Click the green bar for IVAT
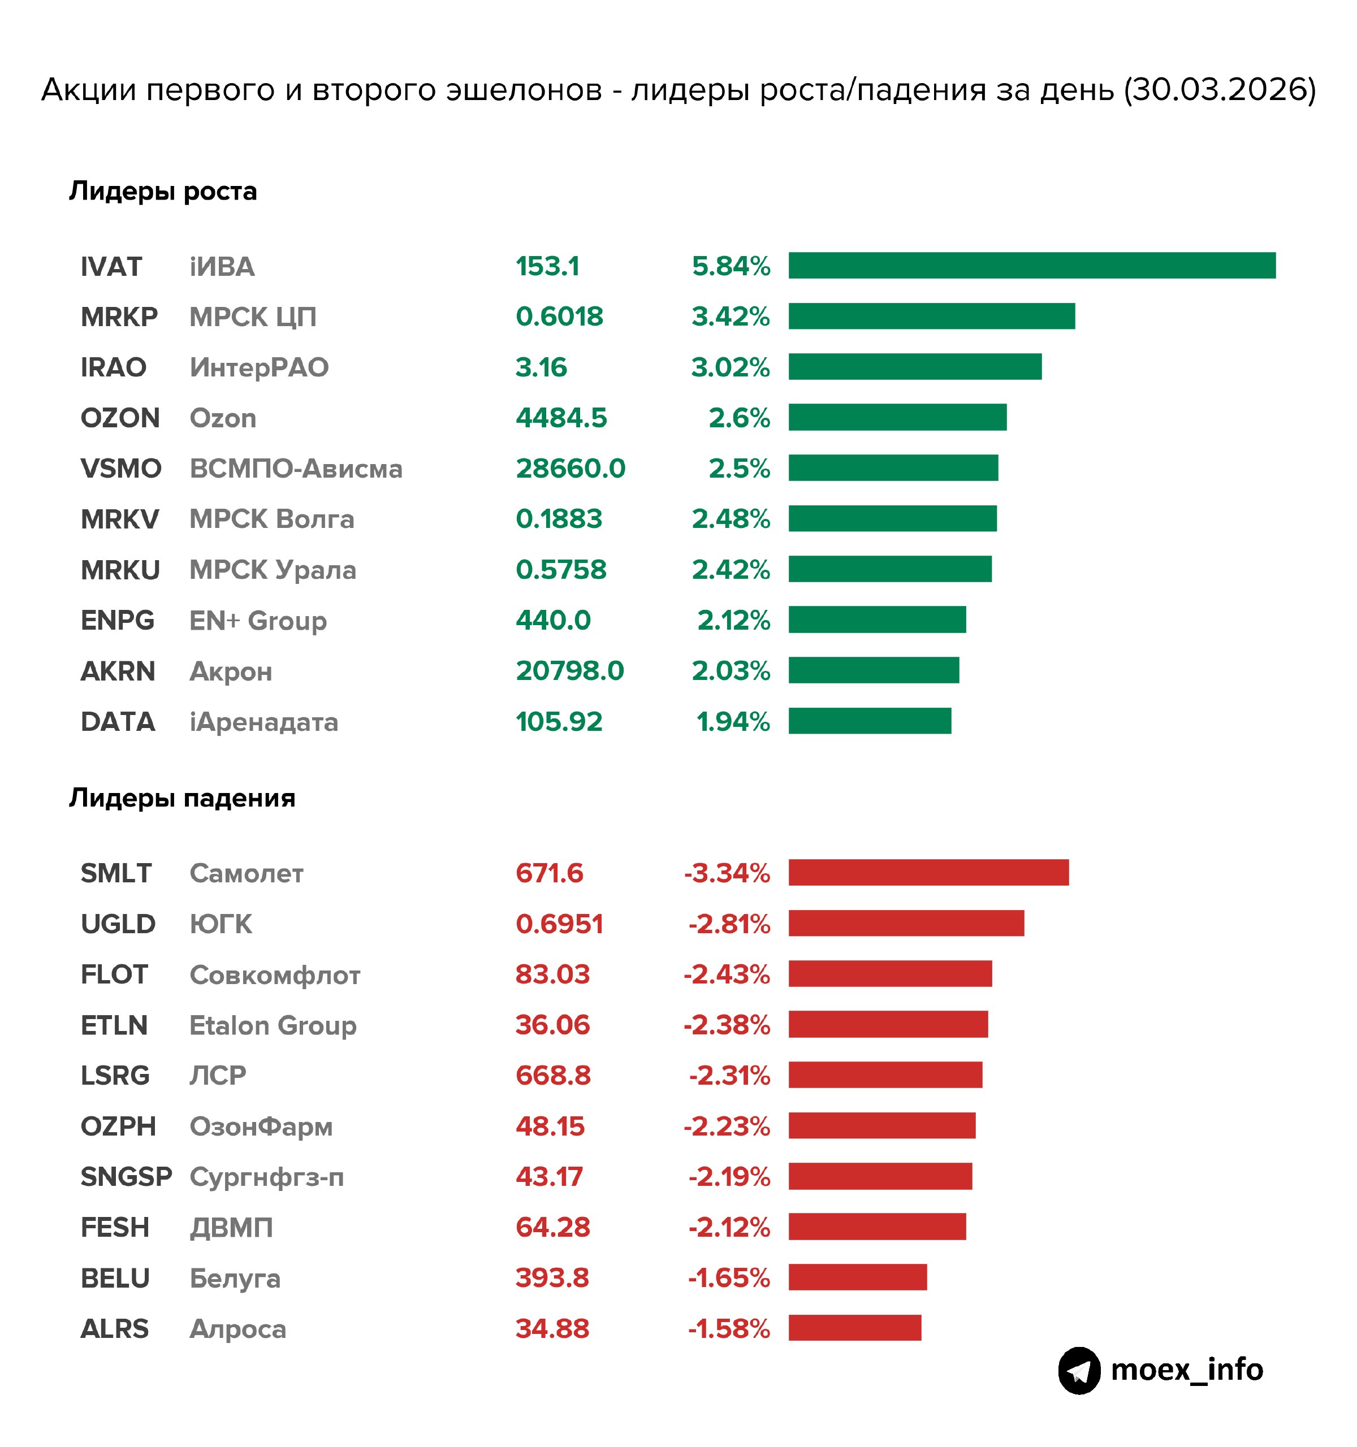click(1031, 266)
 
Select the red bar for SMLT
click(928, 873)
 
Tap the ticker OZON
click(120, 418)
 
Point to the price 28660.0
click(570, 468)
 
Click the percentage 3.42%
click(730, 317)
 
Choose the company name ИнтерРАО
click(258, 367)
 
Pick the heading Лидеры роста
click(163, 192)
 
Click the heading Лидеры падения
click(182, 799)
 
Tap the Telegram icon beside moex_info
click(1079, 1371)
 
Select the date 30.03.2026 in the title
click(1220, 89)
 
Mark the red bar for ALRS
click(855, 1328)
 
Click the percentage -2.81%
click(729, 924)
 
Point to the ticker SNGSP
click(126, 1177)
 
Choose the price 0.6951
click(559, 924)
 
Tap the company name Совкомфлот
click(274, 974)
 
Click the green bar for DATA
click(869, 721)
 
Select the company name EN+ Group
click(258, 621)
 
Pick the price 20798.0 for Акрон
click(569, 670)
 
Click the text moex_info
click(1187, 1371)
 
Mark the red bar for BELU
click(858, 1277)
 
